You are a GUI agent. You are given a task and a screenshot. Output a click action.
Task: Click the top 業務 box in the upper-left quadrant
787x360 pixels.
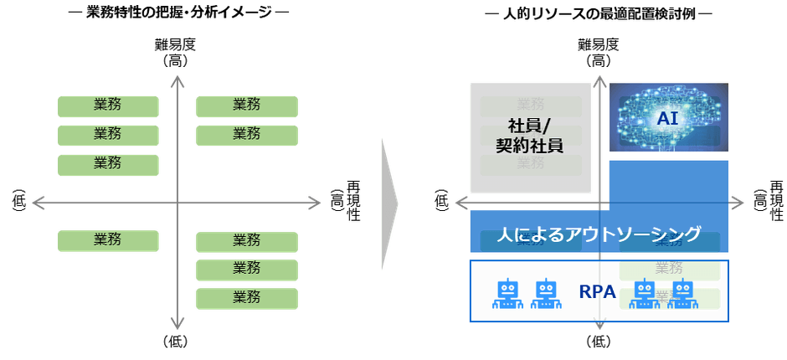(108, 105)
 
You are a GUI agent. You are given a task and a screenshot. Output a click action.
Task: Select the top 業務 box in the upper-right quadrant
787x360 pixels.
(246, 105)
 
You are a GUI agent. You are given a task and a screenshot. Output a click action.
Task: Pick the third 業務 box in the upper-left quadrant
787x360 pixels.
(108, 163)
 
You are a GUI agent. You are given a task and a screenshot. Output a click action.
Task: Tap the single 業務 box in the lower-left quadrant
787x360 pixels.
(108, 240)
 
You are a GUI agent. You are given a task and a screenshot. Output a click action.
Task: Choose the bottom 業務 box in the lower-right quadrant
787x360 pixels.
(246, 297)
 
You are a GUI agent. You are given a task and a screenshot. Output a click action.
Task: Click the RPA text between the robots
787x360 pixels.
(598, 292)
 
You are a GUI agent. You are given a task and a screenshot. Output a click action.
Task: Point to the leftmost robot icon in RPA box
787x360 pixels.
(507, 293)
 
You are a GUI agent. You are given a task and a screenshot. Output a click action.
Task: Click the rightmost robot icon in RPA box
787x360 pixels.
(683, 293)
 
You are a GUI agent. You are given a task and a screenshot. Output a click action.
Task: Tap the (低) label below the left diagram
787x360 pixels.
(176, 342)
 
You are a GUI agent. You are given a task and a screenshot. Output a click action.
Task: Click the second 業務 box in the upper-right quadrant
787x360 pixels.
(246, 134)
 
